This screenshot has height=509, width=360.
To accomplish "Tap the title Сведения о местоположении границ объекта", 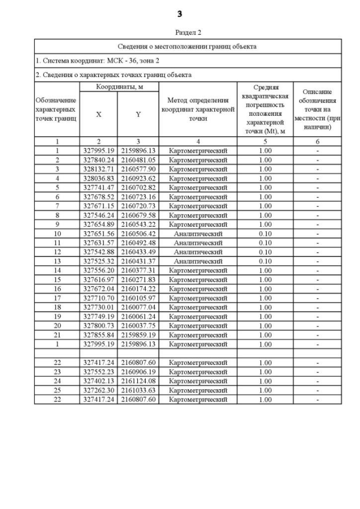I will coord(188,46).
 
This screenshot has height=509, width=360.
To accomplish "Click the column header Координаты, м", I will coord(119,87).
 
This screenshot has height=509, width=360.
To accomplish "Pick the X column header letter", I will coord(99,114).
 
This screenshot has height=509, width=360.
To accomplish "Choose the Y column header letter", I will coord(138,114).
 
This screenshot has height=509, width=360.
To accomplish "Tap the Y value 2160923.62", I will coord(138,178).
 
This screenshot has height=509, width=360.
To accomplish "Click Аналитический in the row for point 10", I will coord(198,233).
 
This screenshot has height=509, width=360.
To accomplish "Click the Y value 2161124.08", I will coord(138,381).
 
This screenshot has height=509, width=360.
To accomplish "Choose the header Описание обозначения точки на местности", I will coord(317,109).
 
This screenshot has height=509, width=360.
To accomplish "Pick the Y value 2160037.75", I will coord(138,326).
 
